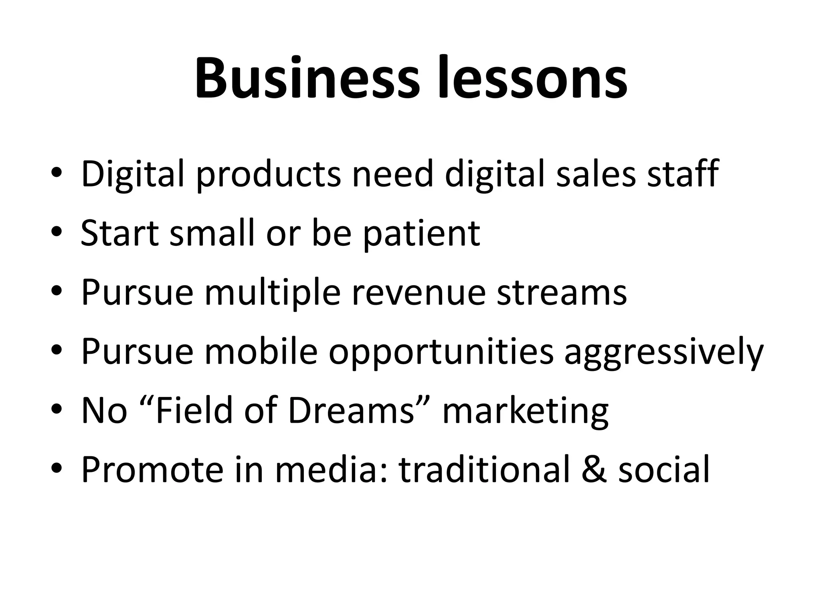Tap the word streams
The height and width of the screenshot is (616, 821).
(x=562, y=293)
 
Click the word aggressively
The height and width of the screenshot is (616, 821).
(x=663, y=353)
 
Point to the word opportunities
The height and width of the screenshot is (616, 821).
(x=441, y=353)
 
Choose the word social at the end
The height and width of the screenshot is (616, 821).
(x=664, y=470)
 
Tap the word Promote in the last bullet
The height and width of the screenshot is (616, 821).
(x=152, y=470)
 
